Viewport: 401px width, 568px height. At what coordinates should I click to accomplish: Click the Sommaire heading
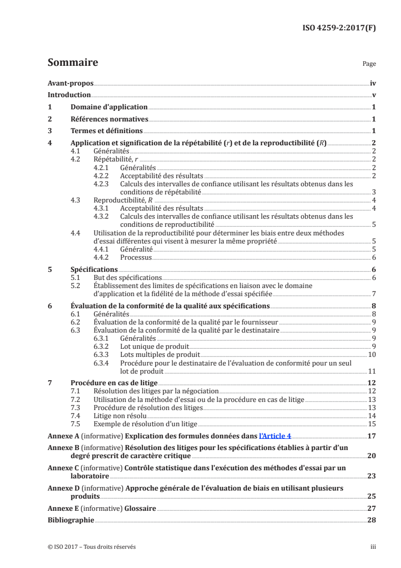(72, 63)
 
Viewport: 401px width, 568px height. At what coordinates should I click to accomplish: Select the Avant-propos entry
(70, 83)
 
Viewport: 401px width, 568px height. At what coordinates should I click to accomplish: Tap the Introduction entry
(69, 95)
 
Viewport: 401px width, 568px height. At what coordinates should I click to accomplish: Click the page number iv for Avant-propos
(373, 83)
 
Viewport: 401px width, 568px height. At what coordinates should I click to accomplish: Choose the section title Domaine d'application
(109, 107)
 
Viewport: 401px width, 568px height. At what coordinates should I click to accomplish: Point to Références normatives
(109, 119)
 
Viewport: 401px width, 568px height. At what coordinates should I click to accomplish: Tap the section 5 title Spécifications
(94, 269)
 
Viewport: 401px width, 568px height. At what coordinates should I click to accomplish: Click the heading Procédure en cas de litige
(114, 383)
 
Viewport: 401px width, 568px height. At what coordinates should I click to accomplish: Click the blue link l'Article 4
(275, 435)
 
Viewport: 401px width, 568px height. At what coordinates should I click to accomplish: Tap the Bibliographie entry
(71, 520)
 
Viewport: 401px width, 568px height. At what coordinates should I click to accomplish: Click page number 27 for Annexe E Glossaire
(372, 508)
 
